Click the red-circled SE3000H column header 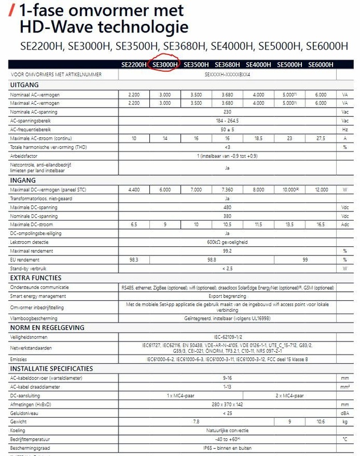tap(165, 64)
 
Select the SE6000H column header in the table tap(321, 64)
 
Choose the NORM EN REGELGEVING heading tap(47, 328)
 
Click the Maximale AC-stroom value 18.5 tap(258, 139)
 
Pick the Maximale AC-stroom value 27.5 tap(321, 139)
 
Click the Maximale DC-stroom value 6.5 tap(133, 225)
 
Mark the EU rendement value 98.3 tap(133, 259)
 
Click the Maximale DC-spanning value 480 tap(227, 207)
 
